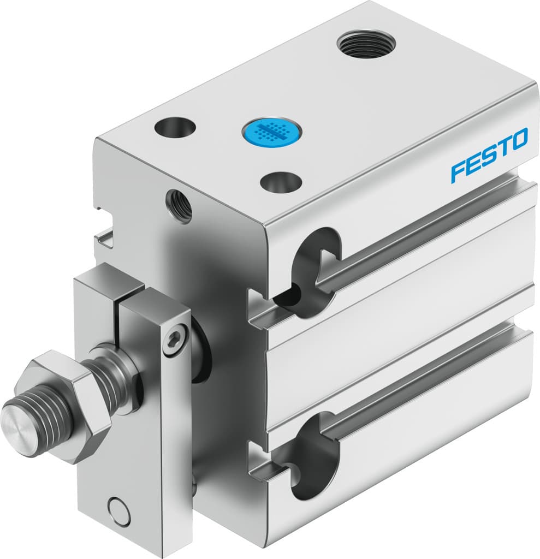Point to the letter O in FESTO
tap(519, 139)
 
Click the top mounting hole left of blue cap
tap(175, 128)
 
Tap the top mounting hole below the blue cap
tap(281, 182)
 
